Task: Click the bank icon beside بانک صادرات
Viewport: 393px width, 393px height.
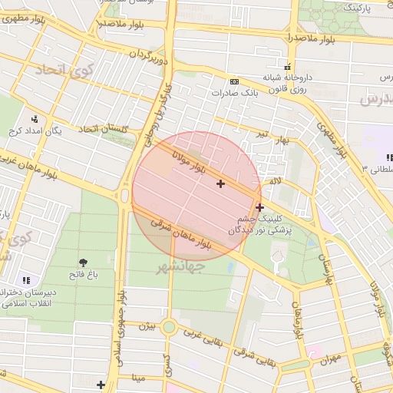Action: click(x=233, y=81)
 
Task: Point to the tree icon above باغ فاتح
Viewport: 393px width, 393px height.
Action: click(x=83, y=263)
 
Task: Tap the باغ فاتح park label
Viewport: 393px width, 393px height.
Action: click(x=82, y=274)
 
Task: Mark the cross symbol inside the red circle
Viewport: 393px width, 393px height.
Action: click(x=221, y=183)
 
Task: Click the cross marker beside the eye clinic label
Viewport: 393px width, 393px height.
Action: click(x=259, y=206)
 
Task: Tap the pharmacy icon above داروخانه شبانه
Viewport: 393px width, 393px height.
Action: click(x=288, y=67)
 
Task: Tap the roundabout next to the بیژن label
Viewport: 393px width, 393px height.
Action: click(x=169, y=328)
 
